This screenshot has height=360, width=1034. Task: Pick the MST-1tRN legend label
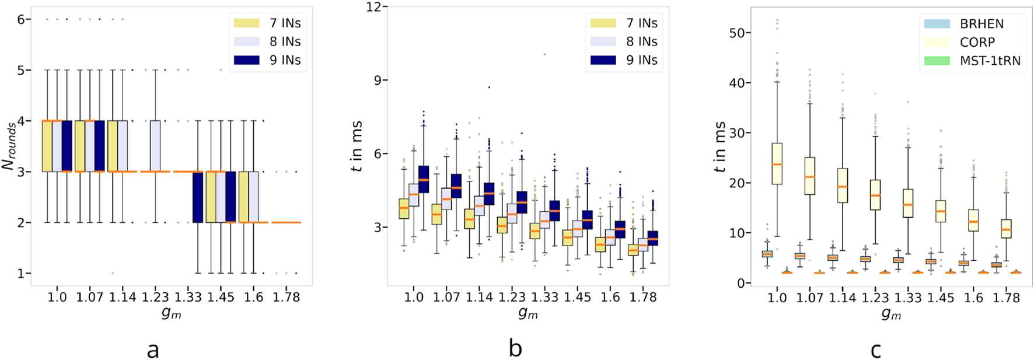990,61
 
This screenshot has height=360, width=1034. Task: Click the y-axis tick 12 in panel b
373,7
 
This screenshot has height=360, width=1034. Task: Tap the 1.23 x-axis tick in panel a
156,297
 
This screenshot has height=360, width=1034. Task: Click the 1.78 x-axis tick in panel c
1005,298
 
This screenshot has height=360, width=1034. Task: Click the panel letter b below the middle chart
515,349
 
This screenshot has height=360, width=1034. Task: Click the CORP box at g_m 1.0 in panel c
777,164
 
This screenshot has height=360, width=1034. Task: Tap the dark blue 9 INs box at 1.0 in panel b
423,179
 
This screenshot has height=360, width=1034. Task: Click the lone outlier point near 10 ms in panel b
544,54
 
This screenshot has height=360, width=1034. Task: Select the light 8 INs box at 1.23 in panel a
155,146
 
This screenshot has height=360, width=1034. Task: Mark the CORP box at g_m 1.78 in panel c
1006,229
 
